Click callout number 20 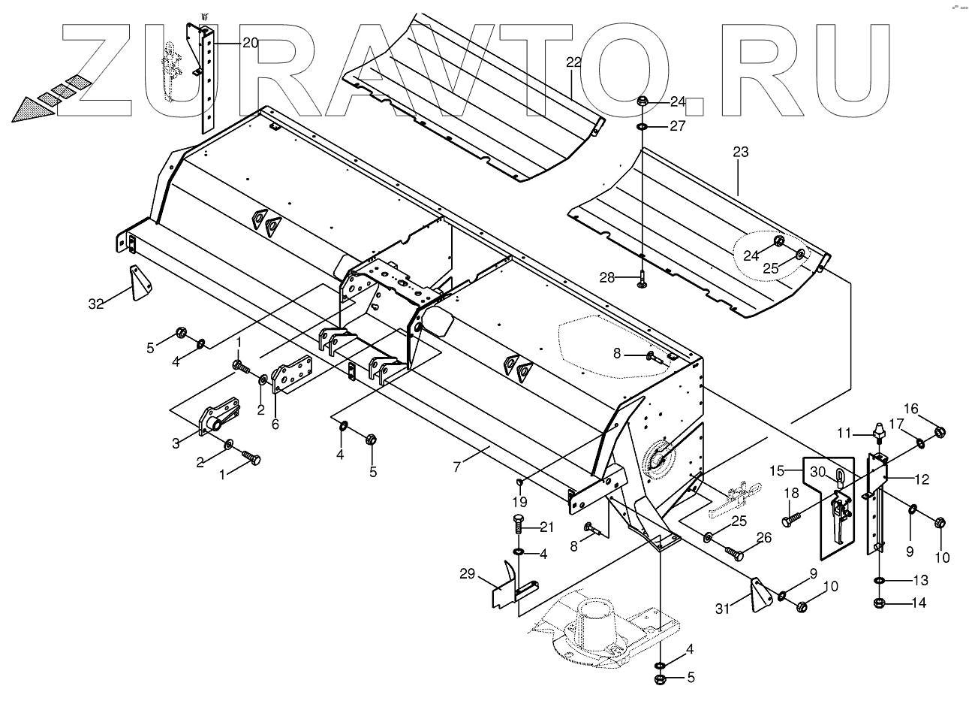[x=250, y=43]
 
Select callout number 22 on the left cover [x=573, y=63]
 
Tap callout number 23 [x=740, y=153]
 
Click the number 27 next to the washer [x=678, y=126]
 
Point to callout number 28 [x=607, y=278]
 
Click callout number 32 [x=95, y=304]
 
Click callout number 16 [x=910, y=409]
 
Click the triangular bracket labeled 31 [x=759, y=593]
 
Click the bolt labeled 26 [x=736, y=554]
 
